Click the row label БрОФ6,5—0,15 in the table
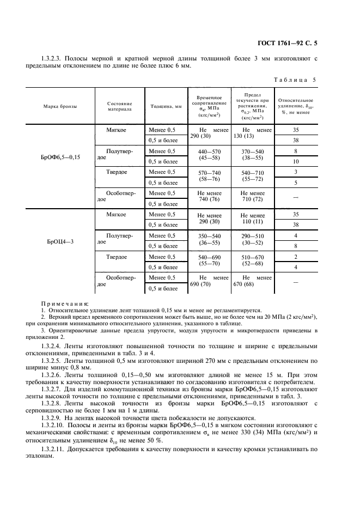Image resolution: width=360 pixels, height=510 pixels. [x=60, y=156]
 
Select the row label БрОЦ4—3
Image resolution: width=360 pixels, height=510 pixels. [x=60, y=240]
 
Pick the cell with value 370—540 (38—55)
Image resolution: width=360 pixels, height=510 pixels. [x=252, y=156]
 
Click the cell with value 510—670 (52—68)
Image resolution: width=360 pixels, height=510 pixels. [x=252, y=260]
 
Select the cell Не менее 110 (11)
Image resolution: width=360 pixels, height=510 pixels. [x=252, y=219]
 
